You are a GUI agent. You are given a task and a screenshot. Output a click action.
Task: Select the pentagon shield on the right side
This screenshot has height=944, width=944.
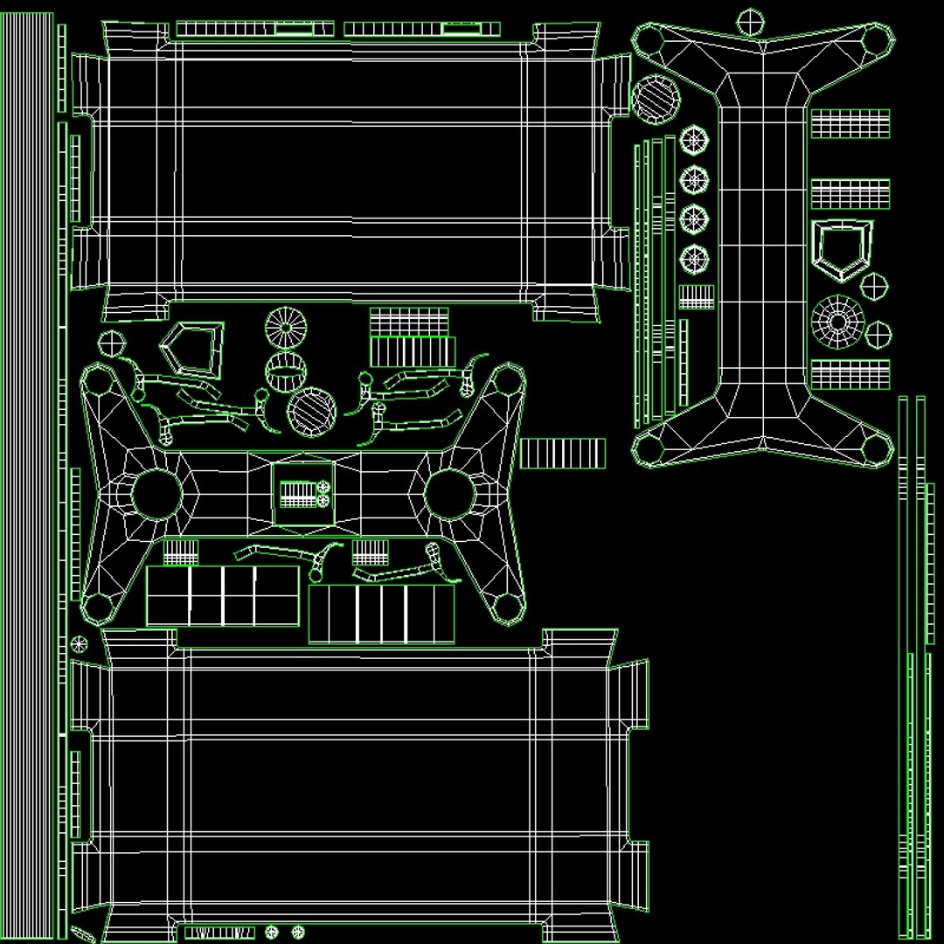841,249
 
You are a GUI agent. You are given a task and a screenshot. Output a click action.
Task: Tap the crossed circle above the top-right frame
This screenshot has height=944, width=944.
750,21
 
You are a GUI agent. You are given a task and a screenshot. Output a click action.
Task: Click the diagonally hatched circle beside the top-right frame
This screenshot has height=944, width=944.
656,100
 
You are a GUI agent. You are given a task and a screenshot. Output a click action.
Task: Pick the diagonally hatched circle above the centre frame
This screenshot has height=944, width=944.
311,413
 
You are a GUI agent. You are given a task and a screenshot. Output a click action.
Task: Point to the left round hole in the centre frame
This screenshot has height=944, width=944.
156,494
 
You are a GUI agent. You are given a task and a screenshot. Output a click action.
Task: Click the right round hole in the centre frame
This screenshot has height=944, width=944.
449,494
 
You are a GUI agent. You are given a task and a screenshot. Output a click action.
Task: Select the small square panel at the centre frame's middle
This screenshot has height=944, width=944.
302,495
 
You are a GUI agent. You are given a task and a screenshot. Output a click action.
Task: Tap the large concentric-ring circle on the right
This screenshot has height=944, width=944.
837,322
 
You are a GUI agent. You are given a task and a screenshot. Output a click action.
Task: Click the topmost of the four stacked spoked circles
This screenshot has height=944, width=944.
694,140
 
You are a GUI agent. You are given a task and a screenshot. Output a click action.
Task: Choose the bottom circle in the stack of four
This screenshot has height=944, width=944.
694,258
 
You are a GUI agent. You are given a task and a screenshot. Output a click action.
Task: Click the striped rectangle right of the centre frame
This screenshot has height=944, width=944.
563,454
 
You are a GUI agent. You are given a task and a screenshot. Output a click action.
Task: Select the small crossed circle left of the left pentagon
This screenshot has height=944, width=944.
111,343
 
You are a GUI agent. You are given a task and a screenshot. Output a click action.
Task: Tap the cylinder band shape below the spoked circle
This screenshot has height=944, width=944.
286,371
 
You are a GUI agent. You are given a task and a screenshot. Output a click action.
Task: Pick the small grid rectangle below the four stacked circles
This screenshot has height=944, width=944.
697,296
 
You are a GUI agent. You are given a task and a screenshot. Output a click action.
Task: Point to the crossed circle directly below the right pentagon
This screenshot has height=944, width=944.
873,285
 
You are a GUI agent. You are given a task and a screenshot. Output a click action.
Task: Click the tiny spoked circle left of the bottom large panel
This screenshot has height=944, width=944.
79,644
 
